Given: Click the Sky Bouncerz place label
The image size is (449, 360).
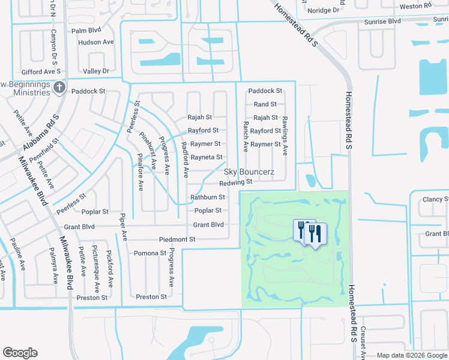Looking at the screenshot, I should [249, 172].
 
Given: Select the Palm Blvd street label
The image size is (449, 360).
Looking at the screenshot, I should [85, 30].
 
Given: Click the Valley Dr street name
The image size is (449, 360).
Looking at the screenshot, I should [96, 71].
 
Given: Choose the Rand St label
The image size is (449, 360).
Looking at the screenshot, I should [265, 104].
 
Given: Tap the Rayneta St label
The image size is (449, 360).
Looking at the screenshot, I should [206, 157].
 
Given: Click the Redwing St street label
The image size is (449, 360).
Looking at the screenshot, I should [235, 182].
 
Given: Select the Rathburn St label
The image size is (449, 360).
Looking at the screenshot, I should [207, 197].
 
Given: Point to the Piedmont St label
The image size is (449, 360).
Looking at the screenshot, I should [177, 239].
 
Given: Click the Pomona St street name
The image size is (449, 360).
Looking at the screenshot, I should [149, 253].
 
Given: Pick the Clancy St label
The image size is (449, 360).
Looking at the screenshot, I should [436, 200].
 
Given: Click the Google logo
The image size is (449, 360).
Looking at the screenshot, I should [20, 353].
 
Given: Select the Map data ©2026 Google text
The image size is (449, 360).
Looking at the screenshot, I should [411, 355].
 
